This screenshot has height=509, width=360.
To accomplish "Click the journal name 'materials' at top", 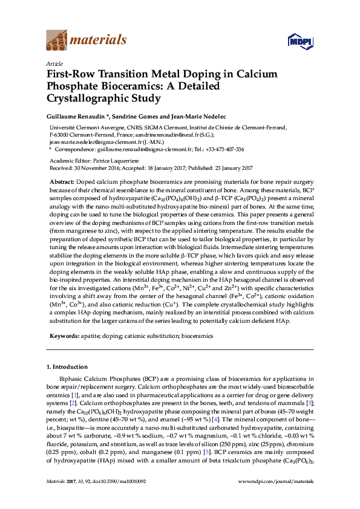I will (99, 41).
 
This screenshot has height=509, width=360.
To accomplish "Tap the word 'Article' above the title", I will (54, 63).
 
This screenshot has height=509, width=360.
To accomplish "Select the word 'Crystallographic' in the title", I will (86, 97).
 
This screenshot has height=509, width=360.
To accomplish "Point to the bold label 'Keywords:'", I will (63, 335).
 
